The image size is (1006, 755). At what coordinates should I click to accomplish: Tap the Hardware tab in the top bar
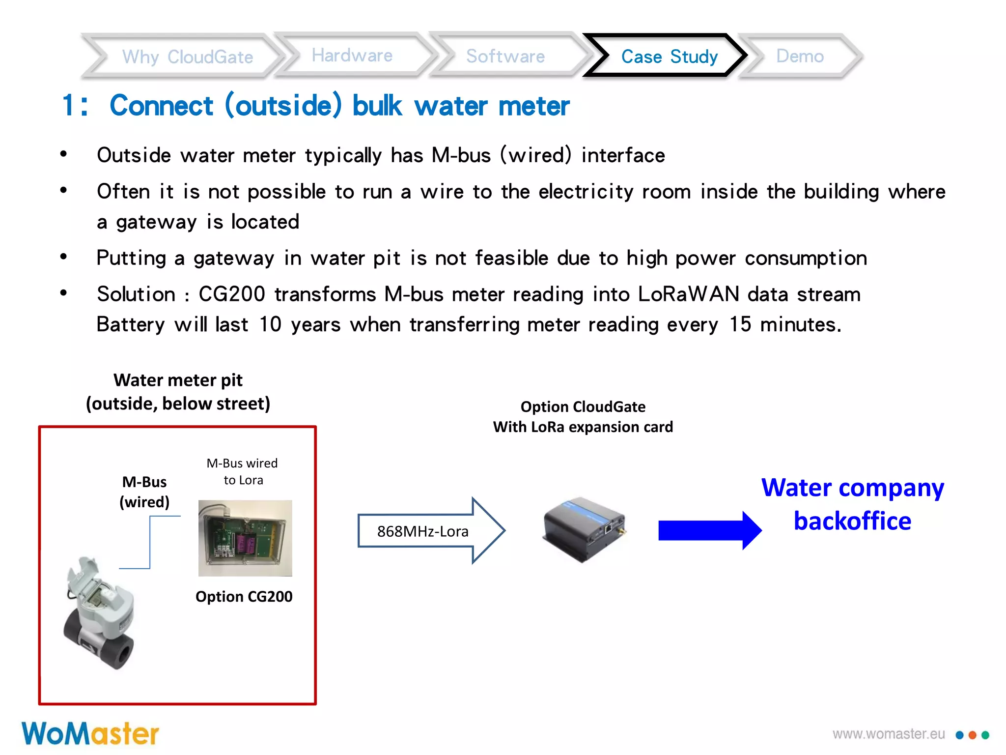point(352,56)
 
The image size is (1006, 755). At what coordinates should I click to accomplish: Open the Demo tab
point(799,56)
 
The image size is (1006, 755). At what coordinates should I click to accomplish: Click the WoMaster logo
point(90,734)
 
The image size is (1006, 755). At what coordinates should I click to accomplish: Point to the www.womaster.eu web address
point(888,734)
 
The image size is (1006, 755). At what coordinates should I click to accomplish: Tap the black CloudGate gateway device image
point(584,528)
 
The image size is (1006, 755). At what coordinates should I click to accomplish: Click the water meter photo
point(100,612)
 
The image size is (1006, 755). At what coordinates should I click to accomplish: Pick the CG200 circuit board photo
point(245,538)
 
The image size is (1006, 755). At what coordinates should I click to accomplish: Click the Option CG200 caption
point(244,597)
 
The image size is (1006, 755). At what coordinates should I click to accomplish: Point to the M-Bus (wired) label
point(144,492)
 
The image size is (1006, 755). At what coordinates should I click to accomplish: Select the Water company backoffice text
point(852,504)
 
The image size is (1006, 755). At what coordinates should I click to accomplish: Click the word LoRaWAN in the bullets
point(688,294)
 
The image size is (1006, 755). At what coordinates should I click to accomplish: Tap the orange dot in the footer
point(972,735)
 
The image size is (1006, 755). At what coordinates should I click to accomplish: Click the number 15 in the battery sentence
point(740,325)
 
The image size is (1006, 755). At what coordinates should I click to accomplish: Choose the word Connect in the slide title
point(161,106)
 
